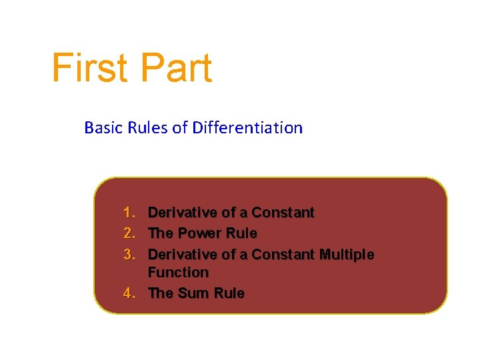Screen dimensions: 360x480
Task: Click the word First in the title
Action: click(91, 69)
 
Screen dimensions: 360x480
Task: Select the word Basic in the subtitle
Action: click(101, 127)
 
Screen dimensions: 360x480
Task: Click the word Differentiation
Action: click(247, 127)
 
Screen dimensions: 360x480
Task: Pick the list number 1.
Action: click(129, 213)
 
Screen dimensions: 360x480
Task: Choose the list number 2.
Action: click(129, 233)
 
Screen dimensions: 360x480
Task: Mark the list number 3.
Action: click(129, 255)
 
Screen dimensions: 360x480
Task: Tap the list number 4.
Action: click(129, 293)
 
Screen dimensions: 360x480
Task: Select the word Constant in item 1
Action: click(283, 213)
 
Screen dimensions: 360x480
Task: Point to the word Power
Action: click(197, 233)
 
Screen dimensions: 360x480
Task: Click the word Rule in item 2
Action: click(241, 233)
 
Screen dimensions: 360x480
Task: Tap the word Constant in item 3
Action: click(283, 255)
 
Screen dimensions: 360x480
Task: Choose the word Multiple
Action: click(347, 255)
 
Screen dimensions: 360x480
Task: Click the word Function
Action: click(178, 273)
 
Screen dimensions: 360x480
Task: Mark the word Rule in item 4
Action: click(229, 293)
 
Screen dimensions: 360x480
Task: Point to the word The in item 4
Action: click(160, 293)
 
